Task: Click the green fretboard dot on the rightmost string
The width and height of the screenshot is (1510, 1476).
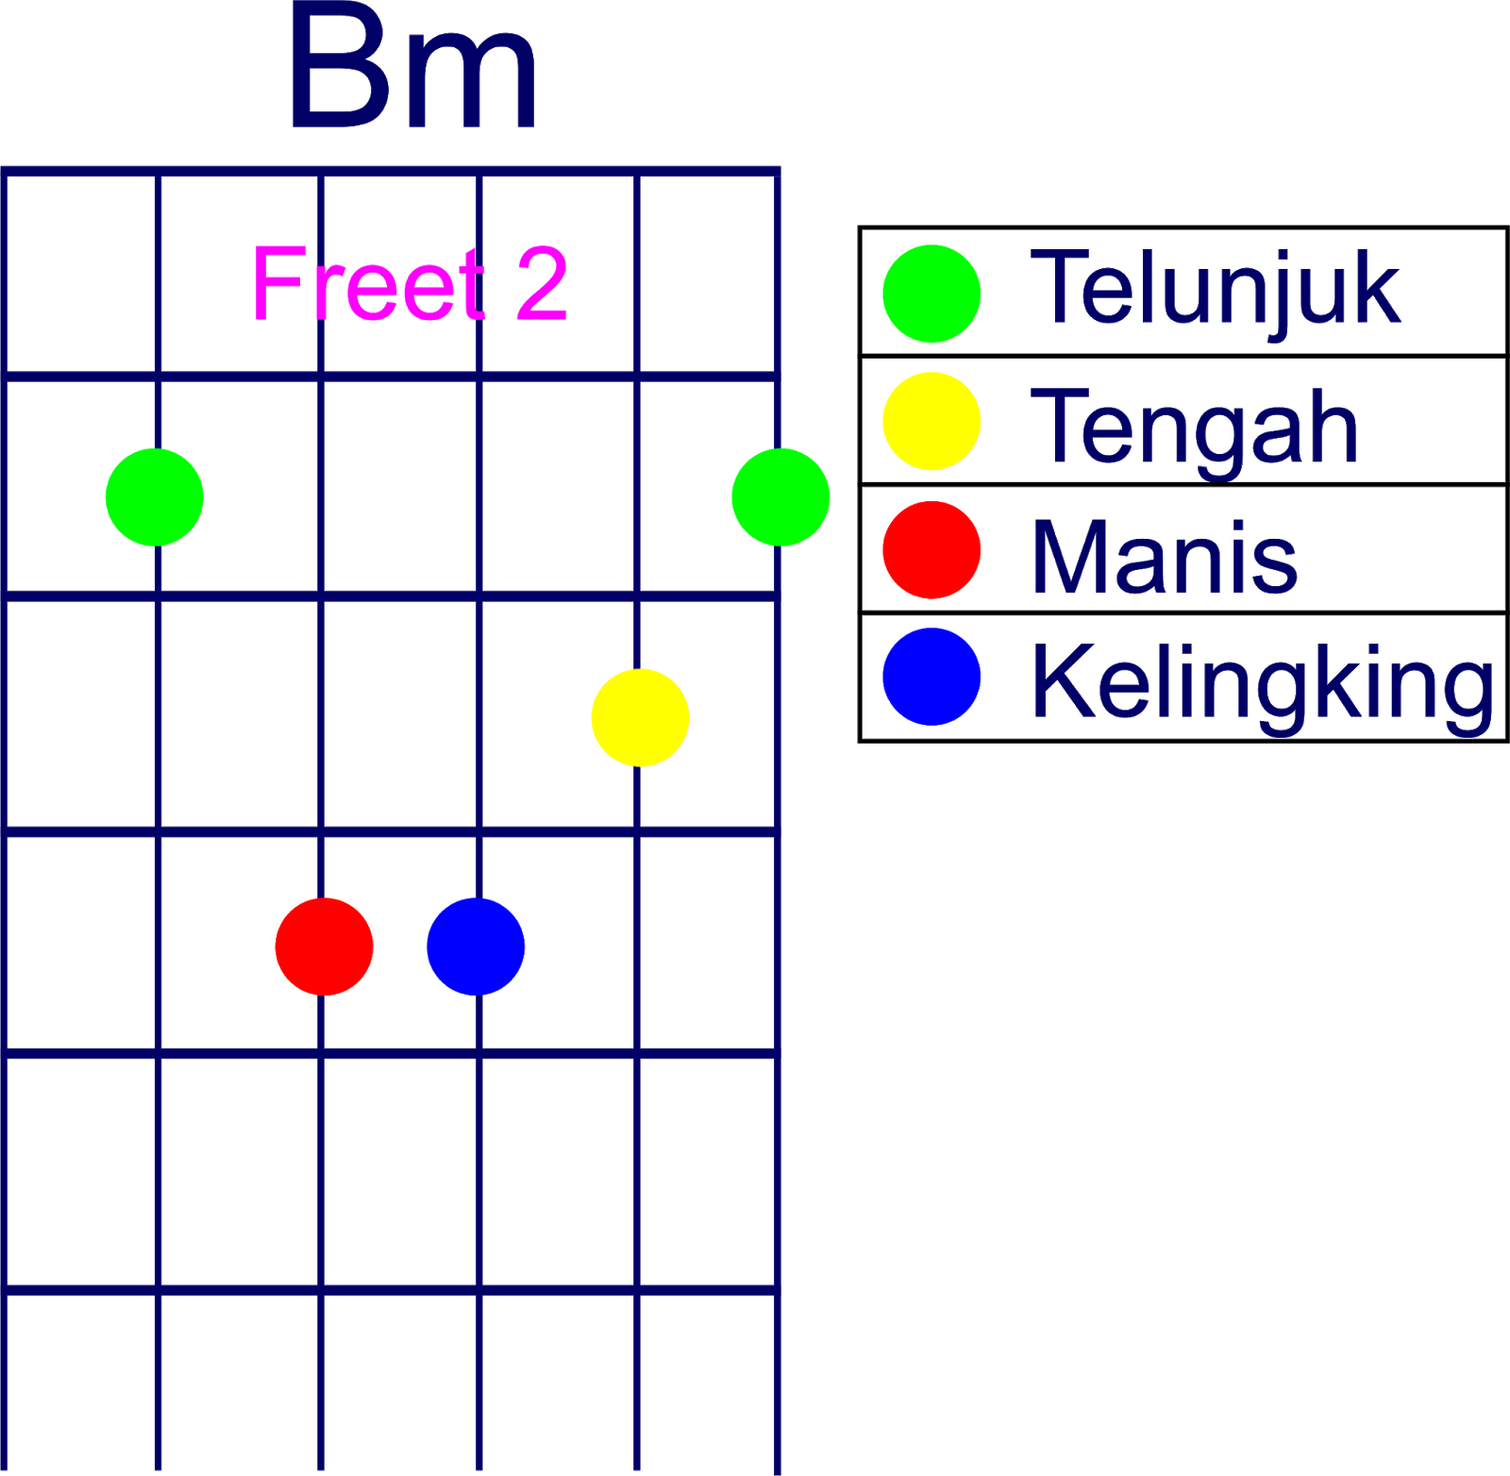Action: [780, 497]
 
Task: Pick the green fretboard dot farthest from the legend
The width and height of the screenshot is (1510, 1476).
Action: [155, 497]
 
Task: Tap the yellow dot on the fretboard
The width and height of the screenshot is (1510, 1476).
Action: [640, 717]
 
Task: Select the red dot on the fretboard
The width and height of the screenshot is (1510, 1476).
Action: [324, 947]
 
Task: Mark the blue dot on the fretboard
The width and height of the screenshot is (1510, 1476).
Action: [476, 947]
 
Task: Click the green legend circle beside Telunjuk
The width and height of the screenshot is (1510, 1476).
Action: [931, 294]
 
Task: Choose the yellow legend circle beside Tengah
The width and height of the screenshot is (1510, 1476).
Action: [931, 421]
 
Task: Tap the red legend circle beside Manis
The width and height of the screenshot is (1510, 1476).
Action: [931, 550]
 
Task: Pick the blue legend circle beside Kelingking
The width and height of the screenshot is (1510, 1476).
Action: [931, 677]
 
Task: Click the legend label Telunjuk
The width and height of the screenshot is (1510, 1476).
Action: [1216, 289]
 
